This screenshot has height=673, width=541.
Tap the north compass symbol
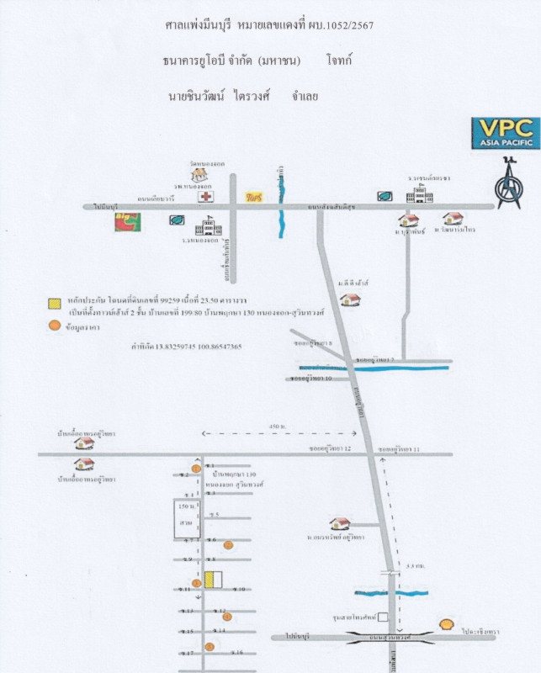[507, 184]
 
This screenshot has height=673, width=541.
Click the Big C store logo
[127, 222]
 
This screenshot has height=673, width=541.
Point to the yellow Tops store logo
[253, 197]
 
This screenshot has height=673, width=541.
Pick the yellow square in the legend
[54, 302]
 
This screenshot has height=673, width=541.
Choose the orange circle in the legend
[54, 325]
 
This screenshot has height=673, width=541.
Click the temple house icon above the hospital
[199, 173]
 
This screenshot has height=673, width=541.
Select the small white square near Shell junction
[383, 617]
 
